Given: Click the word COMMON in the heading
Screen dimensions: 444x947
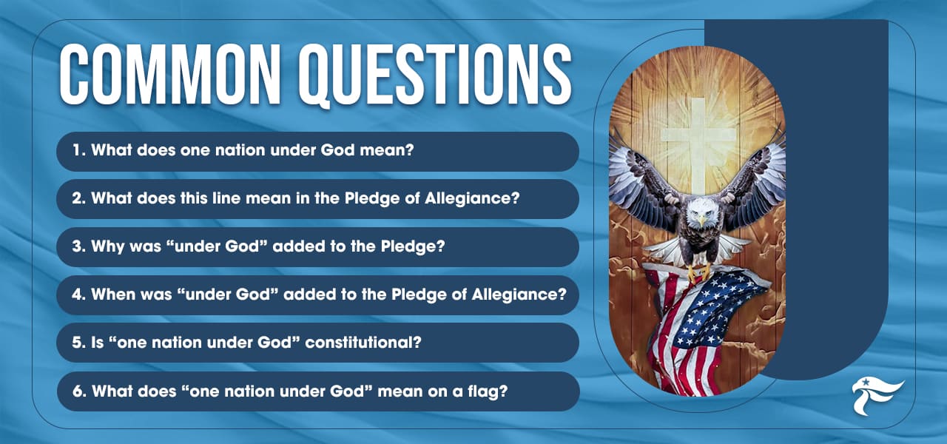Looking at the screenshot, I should (166, 77).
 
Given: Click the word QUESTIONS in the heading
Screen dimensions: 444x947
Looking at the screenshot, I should (429, 77).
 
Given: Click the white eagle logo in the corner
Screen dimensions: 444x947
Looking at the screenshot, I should (877, 396).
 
